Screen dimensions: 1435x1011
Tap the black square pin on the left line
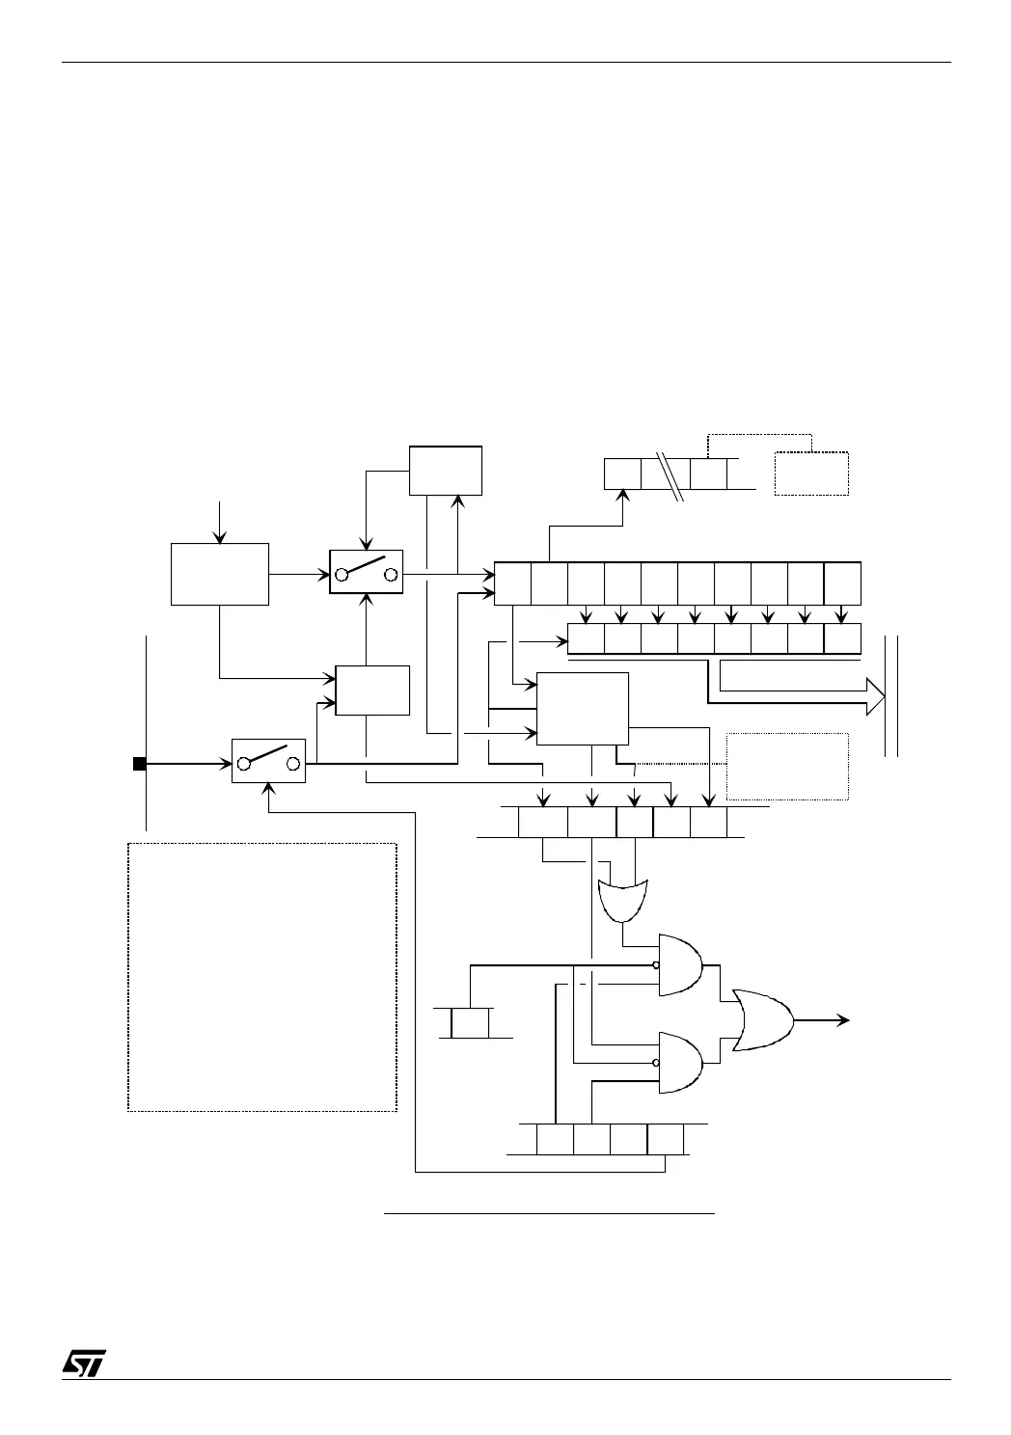point(139,764)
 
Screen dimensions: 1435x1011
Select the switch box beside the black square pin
point(268,761)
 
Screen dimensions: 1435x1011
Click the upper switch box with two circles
point(366,573)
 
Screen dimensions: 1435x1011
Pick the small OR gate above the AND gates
point(623,900)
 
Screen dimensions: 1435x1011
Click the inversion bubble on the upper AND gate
point(656,964)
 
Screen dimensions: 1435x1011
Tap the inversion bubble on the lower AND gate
point(656,1063)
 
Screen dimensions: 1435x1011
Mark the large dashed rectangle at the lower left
point(262,977)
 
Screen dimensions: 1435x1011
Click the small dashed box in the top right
point(811,474)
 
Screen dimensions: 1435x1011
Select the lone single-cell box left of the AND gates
point(470,1022)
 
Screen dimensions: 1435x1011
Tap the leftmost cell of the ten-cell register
point(512,582)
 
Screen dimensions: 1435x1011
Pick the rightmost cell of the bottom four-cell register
point(666,1139)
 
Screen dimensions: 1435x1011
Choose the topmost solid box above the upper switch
point(445,470)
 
